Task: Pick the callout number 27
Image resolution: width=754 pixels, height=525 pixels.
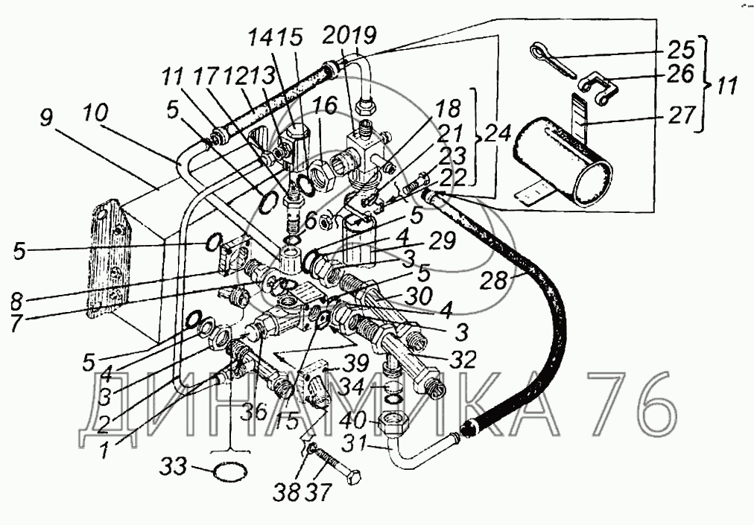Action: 679,118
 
